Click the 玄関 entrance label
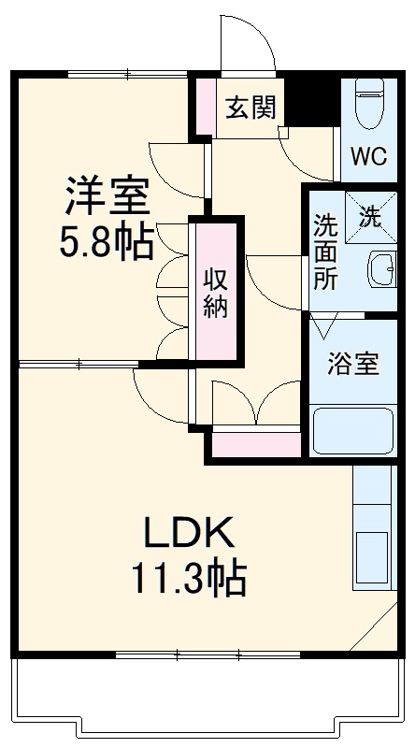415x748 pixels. coord(250,108)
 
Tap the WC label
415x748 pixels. coord(367,156)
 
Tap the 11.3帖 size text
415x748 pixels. coord(187,580)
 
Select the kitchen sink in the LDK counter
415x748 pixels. coord(372,554)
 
